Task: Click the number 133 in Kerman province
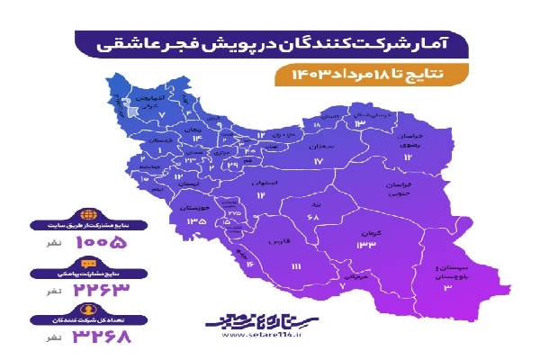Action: click(x=365, y=245)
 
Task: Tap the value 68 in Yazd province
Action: click(x=314, y=220)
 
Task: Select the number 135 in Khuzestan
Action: click(x=197, y=220)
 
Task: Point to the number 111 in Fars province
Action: click(x=296, y=267)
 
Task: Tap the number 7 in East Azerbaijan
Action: click(x=161, y=115)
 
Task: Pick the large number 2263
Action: click(x=100, y=290)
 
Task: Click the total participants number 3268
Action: click(x=100, y=338)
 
